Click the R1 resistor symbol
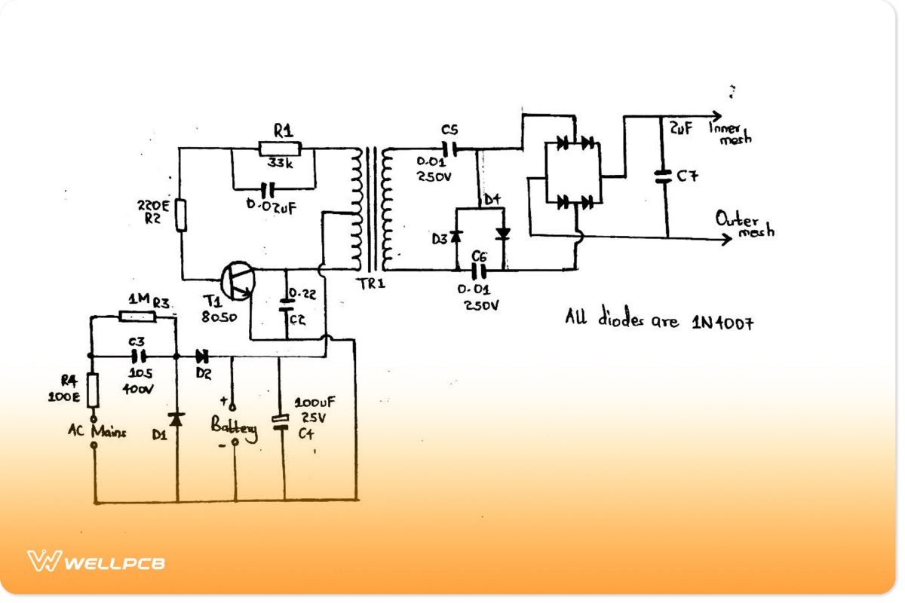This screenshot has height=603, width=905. (280, 148)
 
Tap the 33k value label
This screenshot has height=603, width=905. (280, 163)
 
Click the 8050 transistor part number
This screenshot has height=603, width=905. (219, 317)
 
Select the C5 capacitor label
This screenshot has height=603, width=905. (449, 129)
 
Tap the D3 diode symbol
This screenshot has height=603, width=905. (456, 237)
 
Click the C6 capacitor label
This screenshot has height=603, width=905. (478, 256)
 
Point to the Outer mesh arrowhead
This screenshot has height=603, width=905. (726, 239)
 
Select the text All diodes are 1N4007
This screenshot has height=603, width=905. (659, 320)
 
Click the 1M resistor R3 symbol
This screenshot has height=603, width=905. (137, 317)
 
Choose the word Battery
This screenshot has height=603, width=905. (234, 427)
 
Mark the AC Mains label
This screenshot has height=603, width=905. (97, 432)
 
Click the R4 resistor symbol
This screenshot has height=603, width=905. (94, 390)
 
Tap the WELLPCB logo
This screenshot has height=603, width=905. (97, 562)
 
